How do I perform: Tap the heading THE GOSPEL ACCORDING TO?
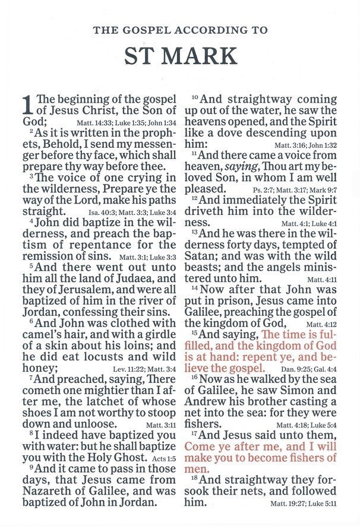[x=180, y=30]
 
